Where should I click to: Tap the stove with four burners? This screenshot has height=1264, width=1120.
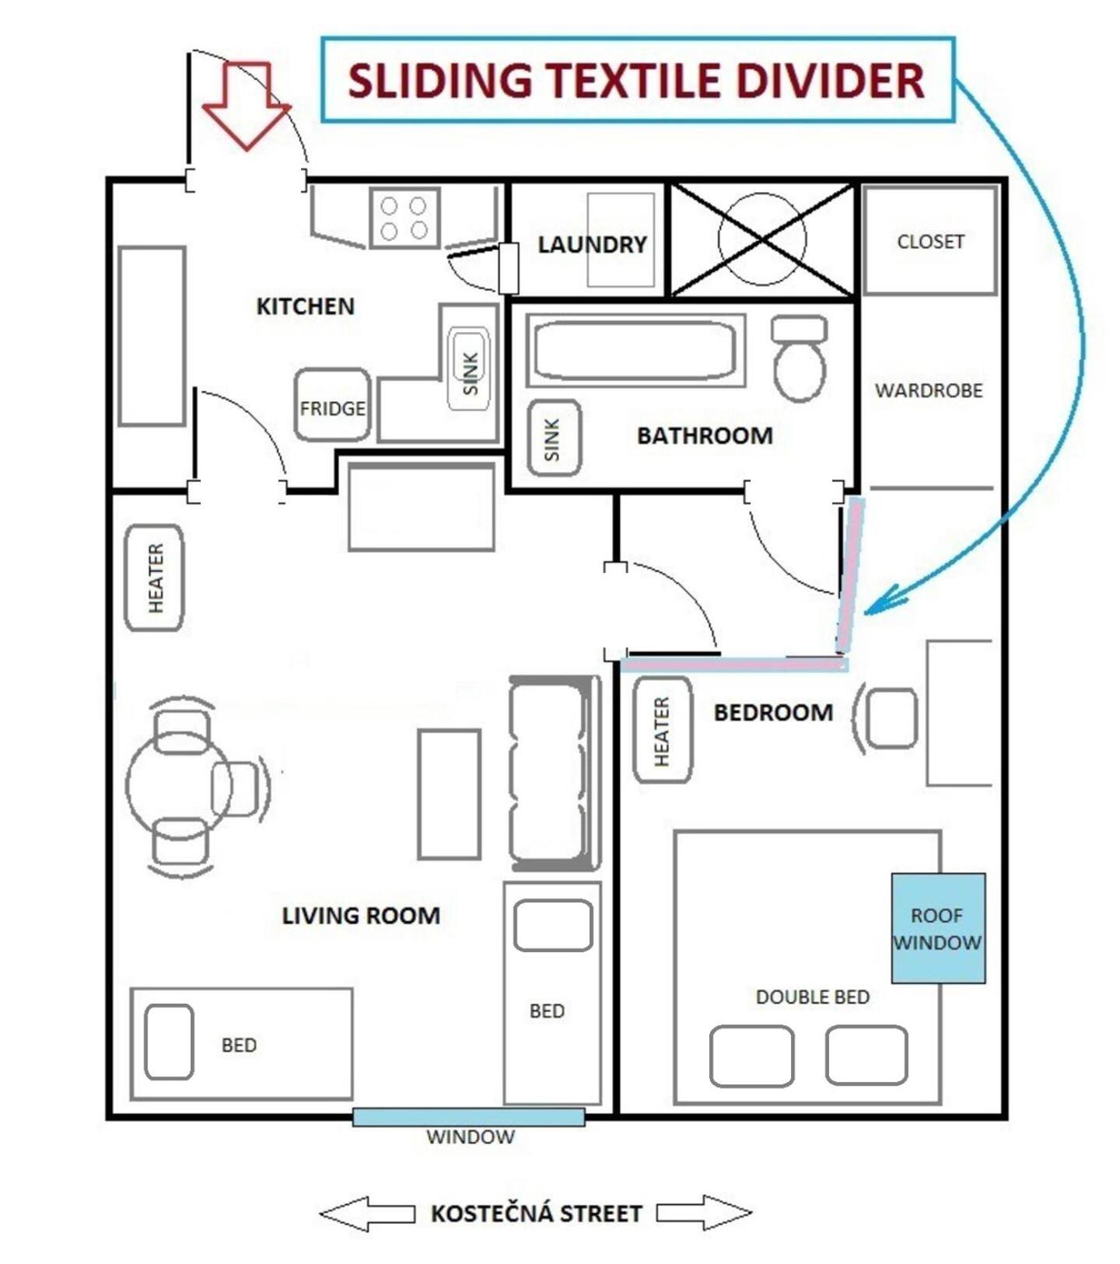pos(404,218)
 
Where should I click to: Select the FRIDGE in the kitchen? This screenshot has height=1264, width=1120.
pos(332,405)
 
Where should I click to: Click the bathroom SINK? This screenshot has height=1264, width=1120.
pos(554,438)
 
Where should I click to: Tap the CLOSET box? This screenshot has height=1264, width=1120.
pos(930,240)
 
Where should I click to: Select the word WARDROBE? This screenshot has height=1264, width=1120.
pos(929,390)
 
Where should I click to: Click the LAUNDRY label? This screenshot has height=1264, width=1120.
pos(593,245)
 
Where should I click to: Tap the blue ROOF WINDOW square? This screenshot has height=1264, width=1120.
pos(938,928)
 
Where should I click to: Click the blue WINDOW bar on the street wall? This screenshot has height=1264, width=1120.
pos(469,1117)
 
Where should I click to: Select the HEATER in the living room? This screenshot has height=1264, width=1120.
pos(155,578)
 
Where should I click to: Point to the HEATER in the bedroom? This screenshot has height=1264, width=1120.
pos(663,730)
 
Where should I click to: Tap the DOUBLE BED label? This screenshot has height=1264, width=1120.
pos(813,997)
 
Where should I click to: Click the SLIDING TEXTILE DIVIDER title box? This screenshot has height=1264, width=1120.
pos(638,79)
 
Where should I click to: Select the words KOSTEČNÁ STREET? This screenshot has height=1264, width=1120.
pos(537,1213)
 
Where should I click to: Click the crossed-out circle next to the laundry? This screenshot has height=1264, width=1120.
pos(762,239)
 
